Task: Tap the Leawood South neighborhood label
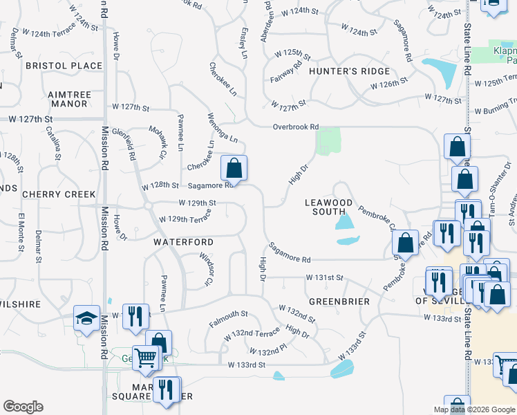click(x=329, y=207)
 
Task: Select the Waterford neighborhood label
click(x=183, y=242)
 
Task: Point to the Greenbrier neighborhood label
click(x=339, y=302)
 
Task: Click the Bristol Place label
click(x=64, y=66)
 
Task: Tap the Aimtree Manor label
click(x=68, y=99)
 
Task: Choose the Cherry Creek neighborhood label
click(x=59, y=194)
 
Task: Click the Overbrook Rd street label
click(x=295, y=127)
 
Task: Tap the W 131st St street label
click(x=325, y=277)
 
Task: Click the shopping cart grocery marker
click(x=146, y=358)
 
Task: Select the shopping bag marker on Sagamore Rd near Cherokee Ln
click(x=234, y=167)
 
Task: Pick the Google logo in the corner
click(x=23, y=407)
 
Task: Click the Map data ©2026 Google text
click(x=473, y=410)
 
